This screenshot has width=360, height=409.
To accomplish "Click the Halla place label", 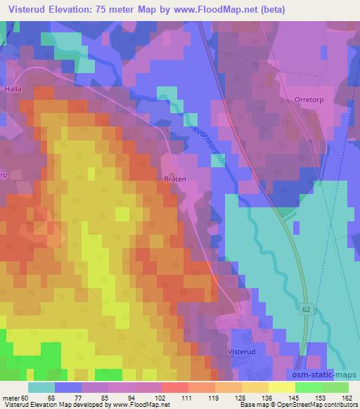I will (x=13, y=89).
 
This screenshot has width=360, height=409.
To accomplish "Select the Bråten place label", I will (x=175, y=179).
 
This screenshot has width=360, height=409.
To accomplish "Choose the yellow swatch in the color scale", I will (x=282, y=387).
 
